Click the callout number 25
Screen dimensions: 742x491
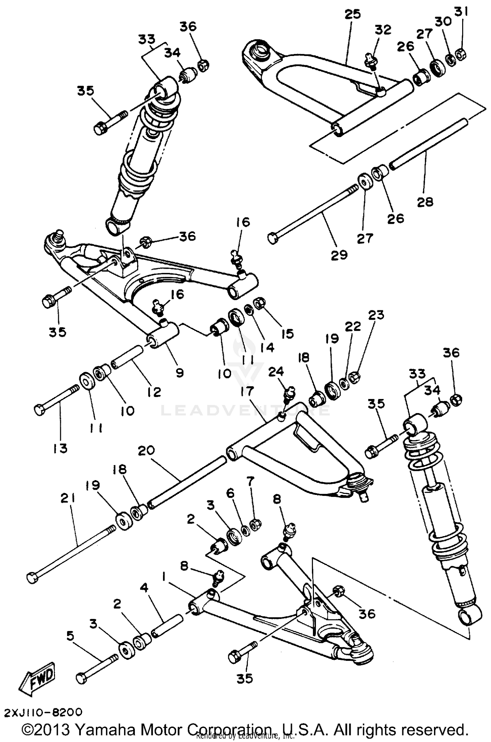point(352,15)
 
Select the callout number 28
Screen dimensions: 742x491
point(425,202)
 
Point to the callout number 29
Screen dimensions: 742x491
point(338,254)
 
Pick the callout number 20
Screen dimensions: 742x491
point(146,451)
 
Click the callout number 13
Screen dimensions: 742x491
point(60,448)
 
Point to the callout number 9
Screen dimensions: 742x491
point(179,372)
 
